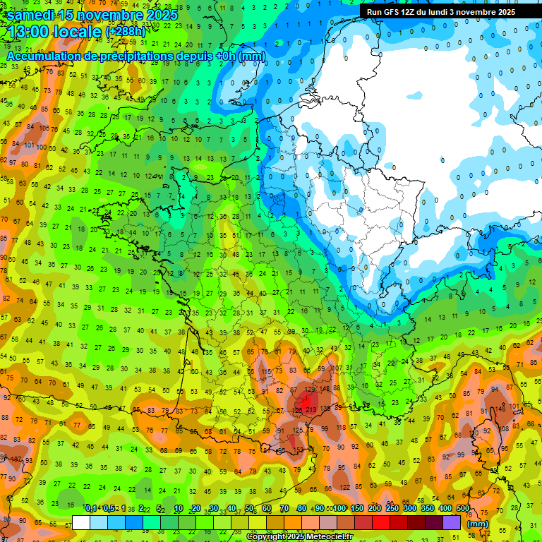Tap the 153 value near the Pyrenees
click(300, 450)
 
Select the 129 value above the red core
click(310, 389)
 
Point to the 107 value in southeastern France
click(339, 368)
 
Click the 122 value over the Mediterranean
click(346, 488)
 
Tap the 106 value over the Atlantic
click(44, 128)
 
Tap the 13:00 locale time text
click(53, 32)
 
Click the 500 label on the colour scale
click(462, 509)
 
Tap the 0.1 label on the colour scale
click(90, 509)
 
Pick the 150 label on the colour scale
click(357, 509)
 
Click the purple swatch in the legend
click(452, 522)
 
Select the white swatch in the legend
click(81, 522)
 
